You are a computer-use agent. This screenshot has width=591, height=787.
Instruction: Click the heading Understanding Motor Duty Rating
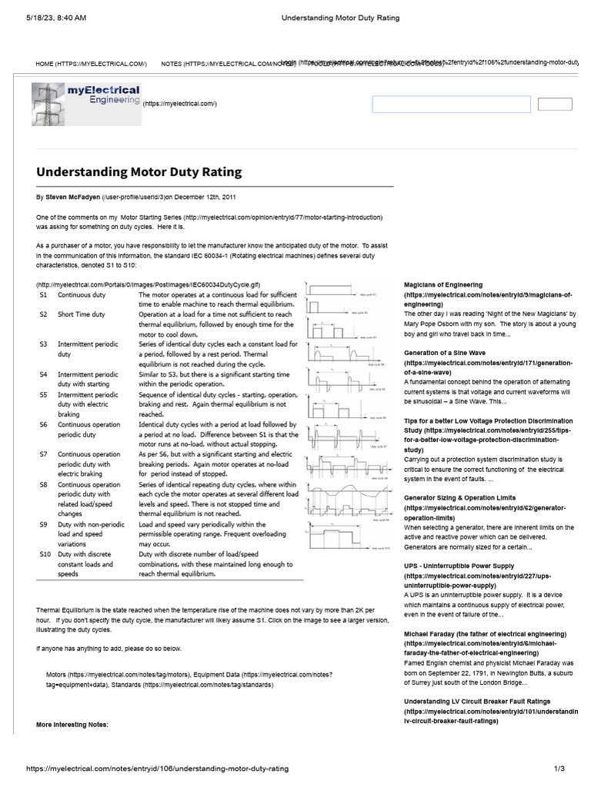pyautogui.click(x=139, y=172)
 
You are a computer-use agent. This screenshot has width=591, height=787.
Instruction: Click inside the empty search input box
pyautogui.click(x=451, y=105)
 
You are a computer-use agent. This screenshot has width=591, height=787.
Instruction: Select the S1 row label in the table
pyautogui.click(x=44, y=294)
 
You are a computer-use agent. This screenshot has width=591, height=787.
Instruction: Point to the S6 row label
pyautogui.click(x=44, y=424)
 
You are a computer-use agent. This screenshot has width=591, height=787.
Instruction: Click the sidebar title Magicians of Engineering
pyautogui.click(x=443, y=285)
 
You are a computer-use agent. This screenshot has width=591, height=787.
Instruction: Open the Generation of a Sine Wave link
pyautogui.click(x=445, y=353)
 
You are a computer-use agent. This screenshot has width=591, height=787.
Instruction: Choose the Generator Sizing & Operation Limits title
pyautogui.click(x=459, y=498)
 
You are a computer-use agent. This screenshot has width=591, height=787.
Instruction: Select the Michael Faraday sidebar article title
pyautogui.click(x=485, y=633)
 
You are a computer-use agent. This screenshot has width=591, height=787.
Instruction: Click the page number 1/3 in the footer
pyautogui.click(x=559, y=769)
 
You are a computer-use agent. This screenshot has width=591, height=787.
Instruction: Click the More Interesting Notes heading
pyautogui.click(x=72, y=725)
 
